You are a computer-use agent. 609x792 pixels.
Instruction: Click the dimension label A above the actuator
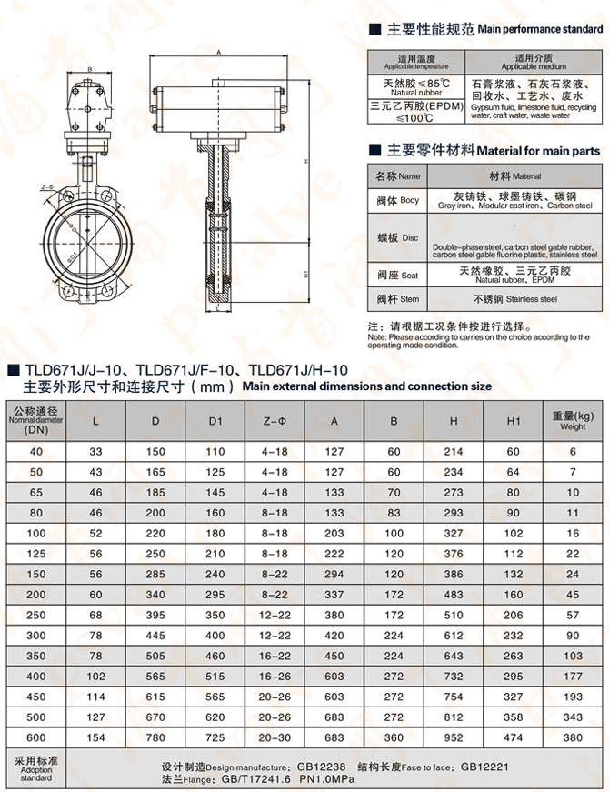(x=219, y=54)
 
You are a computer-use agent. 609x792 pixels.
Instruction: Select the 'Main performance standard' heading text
(x=540, y=29)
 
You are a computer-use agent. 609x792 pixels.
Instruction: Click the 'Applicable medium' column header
(x=533, y=63)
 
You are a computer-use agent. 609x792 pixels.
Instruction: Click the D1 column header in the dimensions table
(x=215, y=421)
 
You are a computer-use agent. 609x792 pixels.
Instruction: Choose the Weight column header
(x=573, y=421)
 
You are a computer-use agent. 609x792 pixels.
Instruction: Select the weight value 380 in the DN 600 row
(x=573, y=737)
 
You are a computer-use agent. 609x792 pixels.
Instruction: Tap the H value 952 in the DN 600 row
(x=454, y=737)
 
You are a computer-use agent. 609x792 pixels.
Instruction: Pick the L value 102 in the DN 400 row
(x=95, y=676)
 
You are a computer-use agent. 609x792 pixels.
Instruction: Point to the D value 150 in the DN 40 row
(x=155, y=452)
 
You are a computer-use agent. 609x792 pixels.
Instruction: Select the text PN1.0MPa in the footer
(x=325, y=779)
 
